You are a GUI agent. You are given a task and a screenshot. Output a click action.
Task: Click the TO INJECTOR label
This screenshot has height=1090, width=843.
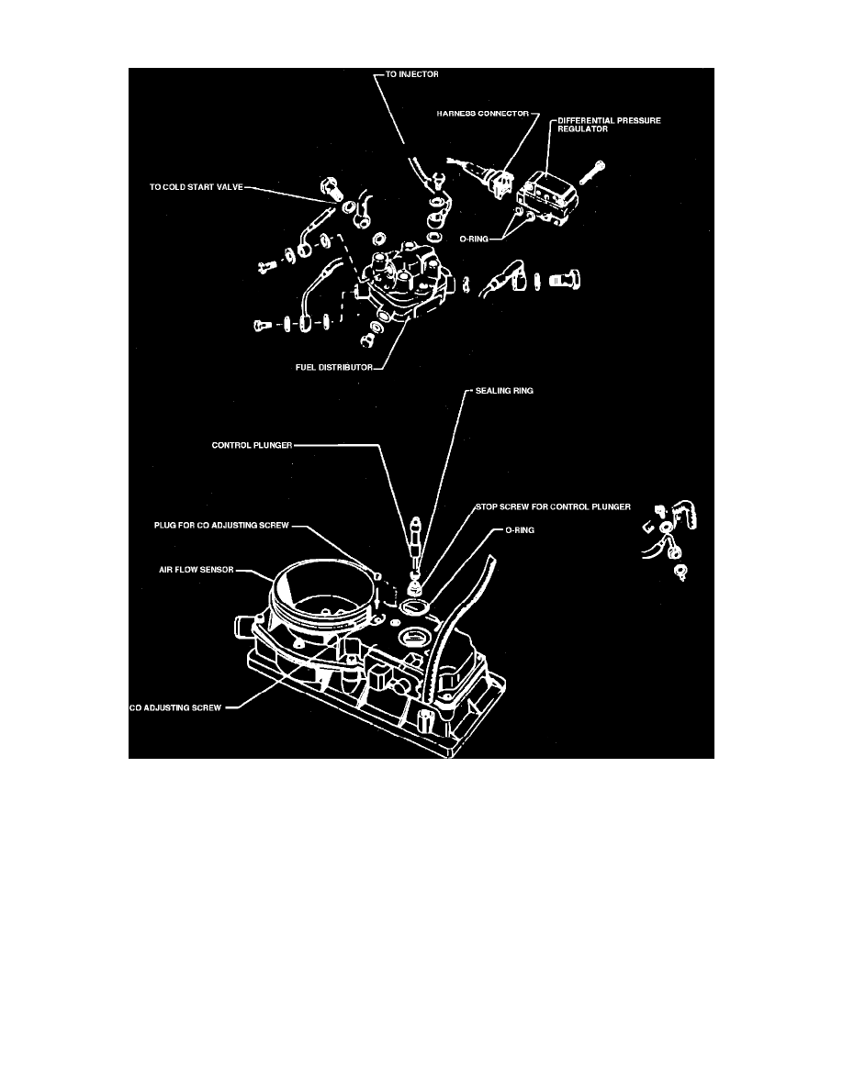tap(411, 74)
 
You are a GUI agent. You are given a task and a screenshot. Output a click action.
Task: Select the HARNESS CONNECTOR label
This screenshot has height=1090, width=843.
tap(483, 113)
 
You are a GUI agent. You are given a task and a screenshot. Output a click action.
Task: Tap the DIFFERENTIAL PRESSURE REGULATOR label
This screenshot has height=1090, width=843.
tap(610, 125)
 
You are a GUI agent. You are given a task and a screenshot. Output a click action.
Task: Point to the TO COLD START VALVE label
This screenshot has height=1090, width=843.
tap(197, 187)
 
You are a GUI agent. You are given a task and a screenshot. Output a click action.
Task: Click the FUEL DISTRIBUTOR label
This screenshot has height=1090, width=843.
tap(334, 367)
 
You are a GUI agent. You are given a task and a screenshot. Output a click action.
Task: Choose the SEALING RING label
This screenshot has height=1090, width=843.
tap(504, 391)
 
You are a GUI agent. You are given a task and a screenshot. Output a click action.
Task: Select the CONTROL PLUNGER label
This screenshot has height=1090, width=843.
tap(252, 445)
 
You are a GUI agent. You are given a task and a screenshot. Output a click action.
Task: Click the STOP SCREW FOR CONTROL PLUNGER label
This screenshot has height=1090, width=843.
tap(553, 506)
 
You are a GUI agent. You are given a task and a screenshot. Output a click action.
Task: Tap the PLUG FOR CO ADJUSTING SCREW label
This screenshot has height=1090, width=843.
tap(221, 525)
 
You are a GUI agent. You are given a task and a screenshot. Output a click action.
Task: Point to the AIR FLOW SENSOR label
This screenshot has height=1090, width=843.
tap(197, 570)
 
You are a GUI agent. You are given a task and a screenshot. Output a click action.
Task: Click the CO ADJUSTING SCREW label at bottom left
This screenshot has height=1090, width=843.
tap(175, 707)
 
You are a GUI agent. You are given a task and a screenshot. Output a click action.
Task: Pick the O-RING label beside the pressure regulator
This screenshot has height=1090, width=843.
tap(474, 239)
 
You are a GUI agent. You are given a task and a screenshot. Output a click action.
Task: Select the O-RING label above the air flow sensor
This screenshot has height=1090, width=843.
tap(520, 530)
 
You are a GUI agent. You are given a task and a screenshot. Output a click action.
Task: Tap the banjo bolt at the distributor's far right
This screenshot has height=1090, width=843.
tap(565, 281)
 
